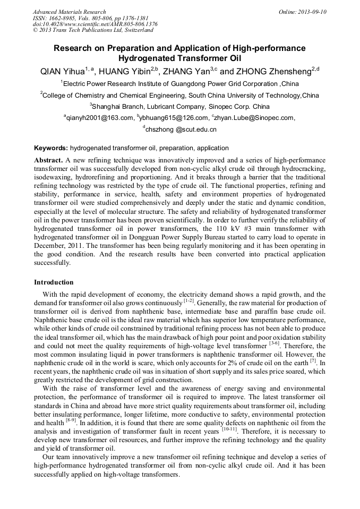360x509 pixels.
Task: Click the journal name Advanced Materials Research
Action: pyautogui.click(x=69, y=12)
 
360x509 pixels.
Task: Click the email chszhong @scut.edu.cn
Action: pyautogui.click(x=181, y=130)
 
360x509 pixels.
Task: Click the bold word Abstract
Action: pyautogui.click(x=49, y=160)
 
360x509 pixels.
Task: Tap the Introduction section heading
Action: pyautogui.click(x=54, y=282)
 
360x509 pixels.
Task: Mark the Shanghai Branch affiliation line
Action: pyautogui.click(x=179, y=106)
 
